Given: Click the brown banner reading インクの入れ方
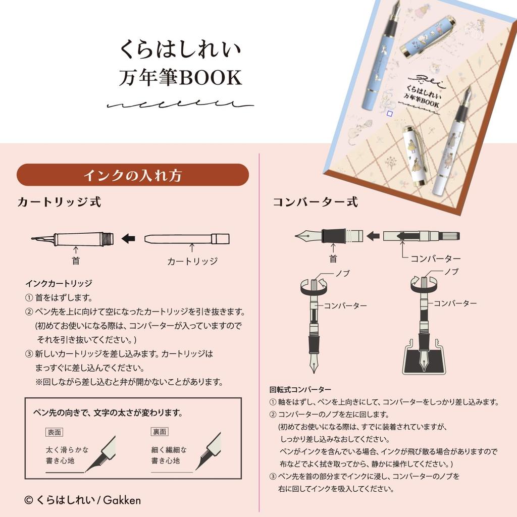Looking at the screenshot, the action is (x=133, y=175).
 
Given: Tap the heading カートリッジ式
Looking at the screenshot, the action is (x=60, y=202).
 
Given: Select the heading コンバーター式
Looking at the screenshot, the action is (x=315, y=202).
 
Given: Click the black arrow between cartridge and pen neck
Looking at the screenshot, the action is (x=128, y=238).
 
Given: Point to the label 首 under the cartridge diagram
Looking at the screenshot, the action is (x=76, y=261).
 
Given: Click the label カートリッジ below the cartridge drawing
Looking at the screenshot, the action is (x=192, y=262).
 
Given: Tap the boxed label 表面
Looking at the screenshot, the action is (x=54, y=432).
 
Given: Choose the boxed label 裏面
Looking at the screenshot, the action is (x=160, y=432).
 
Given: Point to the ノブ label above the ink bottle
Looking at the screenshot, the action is (x=451, y=272).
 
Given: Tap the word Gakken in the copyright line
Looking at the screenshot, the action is (x=122, y=500).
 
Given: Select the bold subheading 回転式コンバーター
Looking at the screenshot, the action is (x=300, y=390).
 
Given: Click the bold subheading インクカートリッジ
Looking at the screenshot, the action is (x=59, y=283).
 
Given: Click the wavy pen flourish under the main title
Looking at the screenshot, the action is (x=180, y=104).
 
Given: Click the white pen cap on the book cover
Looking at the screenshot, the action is (x=414, y=156).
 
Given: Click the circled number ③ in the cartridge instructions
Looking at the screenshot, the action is (x=29, y=354).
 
